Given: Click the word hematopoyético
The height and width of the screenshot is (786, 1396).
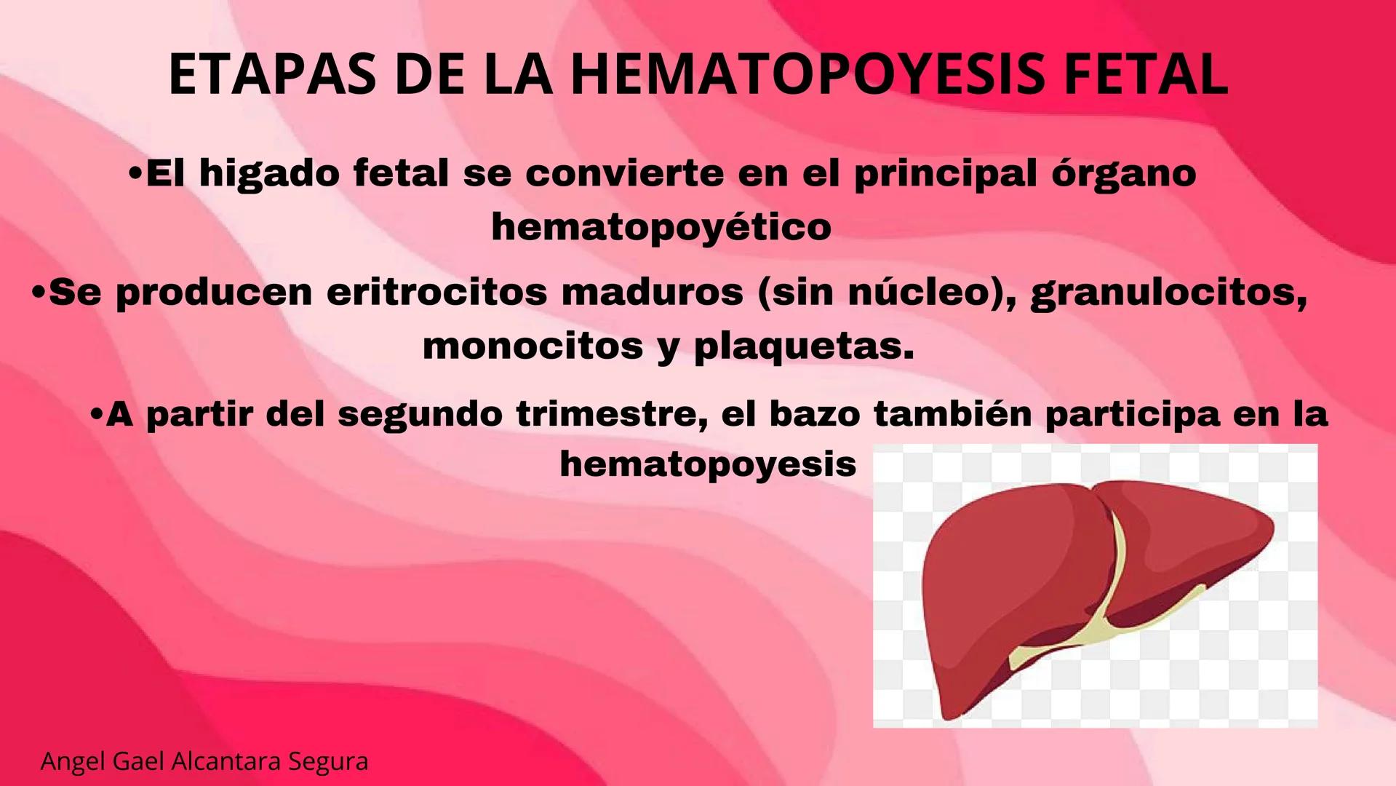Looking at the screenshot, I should [x=661, y=227].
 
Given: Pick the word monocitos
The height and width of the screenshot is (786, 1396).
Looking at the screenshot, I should [x=533, y=346].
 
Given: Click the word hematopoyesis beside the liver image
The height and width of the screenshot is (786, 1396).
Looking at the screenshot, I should [x=708, y=464].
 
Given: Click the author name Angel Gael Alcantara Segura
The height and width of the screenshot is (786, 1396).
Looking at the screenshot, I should [x=204, y=761].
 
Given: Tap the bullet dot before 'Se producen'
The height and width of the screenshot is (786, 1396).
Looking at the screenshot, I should [x=39, y=293].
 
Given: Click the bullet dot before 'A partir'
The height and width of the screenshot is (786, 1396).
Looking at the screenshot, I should [x=96, y=414].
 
